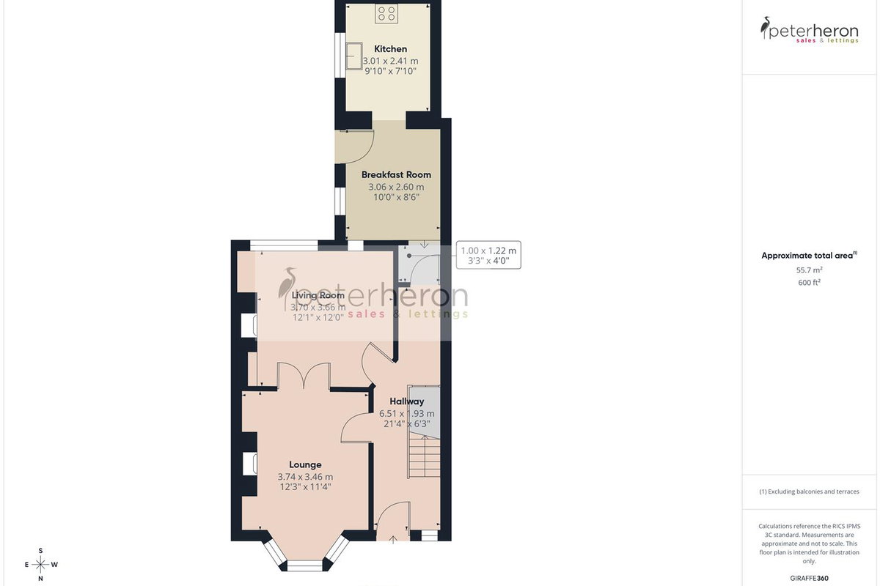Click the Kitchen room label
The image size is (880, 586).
click(390, 49)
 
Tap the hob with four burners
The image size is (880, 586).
click(386, 13)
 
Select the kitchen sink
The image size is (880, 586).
click(354, 56)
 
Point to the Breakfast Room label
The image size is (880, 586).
click(396, 174)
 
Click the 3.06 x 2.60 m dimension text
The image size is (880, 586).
click(396, 187)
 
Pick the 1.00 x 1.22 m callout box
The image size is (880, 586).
click(488, 255)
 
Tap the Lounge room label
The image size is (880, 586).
click(305, 464)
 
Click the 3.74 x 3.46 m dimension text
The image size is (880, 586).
click(305, 477)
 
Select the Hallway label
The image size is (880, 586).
click(406, 401)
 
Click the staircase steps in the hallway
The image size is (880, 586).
click(424, 457)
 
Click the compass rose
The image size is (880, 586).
click(40, 565)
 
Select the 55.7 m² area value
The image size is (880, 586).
click(809, 270)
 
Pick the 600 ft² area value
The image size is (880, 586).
click(809, 282)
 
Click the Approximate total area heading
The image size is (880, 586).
click(809, 256)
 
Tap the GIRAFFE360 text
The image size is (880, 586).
click(809, 578)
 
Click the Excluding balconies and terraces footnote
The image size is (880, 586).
click(809, 492)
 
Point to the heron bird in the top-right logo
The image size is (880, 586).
click(765, 27)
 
